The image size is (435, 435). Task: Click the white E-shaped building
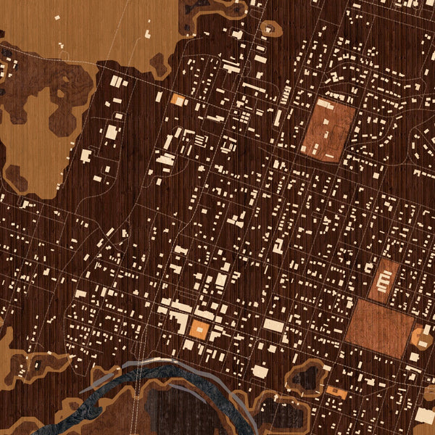click(x=384, y=277)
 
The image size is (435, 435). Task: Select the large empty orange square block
click(x=378, y=327)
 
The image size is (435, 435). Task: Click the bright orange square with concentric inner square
click(x=199, y=331)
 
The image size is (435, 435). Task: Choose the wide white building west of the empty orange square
click(x=274, y=326)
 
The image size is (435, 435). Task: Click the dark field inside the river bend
click(x=174, y=413)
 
